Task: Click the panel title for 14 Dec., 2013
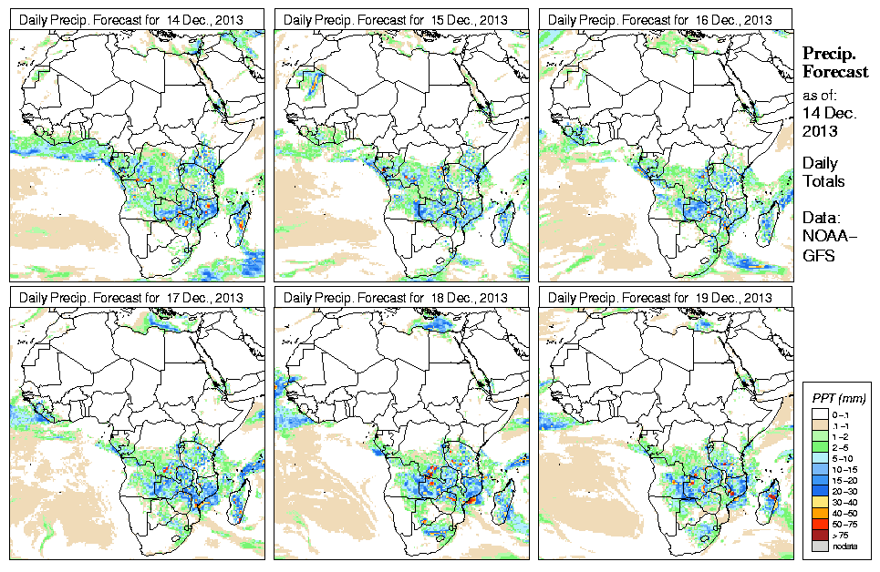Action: click(x=131, y=19)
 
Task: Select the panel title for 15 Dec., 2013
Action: click(x=396, y=19)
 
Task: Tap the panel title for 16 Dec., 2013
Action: click(x=661, y=19)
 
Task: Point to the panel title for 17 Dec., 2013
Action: click(x=131, y=298)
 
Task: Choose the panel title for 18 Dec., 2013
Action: click(x=396, y=298)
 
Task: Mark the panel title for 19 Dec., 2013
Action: click(x=661, y=298)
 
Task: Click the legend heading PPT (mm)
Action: click(x=838, y=398)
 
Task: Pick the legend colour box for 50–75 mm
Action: click(x=820, y=525)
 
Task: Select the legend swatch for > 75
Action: click(x=820, y=535)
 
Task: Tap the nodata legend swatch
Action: click(x=820, y=546)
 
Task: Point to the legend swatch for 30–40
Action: click(x=820, y=503)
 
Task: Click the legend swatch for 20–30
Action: click(x=820, y=492)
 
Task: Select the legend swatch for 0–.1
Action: click(x=820, y=414)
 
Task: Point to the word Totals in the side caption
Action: click(x=823, y=181)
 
